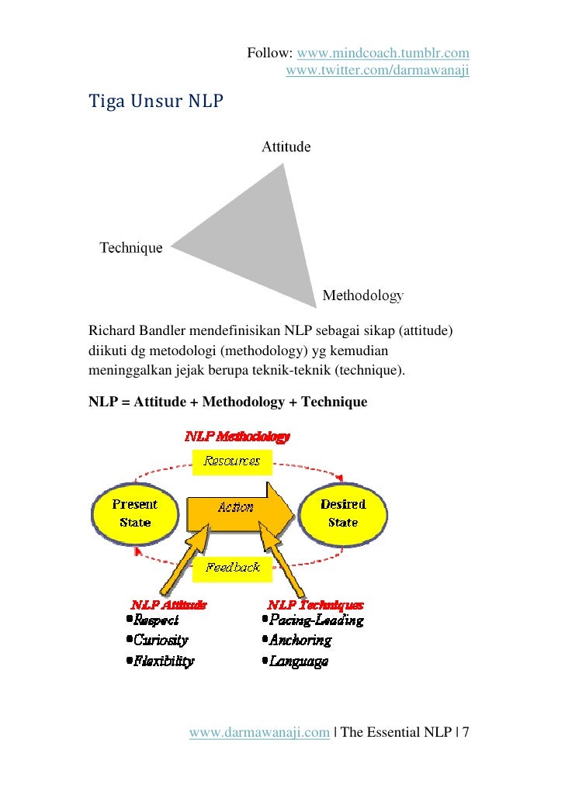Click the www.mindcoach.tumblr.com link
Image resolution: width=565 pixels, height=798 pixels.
383,54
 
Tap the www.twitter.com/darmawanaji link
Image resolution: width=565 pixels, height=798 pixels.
378,71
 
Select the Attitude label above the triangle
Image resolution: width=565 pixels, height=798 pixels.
286,147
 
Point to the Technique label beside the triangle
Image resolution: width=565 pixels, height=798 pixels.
131,248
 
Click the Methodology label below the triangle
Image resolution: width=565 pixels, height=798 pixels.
362,295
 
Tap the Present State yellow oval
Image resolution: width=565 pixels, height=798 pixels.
135,513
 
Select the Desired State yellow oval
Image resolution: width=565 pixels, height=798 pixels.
342,513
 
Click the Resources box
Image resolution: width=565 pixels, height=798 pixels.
231,461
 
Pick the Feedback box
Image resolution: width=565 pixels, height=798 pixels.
232,568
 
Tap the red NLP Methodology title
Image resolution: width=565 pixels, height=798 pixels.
237,437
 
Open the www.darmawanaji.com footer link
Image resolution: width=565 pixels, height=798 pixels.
259,732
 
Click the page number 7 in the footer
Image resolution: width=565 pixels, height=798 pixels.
466,732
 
